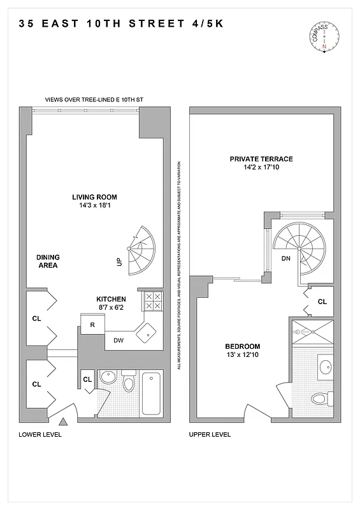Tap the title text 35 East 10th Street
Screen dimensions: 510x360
point(121,25)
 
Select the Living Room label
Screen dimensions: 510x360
point(94,197)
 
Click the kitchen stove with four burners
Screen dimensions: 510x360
point(152,301)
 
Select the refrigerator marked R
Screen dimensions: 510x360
point(92,325)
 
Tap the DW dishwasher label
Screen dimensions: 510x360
point(119,340)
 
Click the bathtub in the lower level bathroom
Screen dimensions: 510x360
point(152,393)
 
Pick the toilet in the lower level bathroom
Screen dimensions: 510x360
point(129,385)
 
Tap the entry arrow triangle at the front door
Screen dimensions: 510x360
point(63,422)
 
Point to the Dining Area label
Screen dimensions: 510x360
point(48,261)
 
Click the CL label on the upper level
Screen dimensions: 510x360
point(322,302)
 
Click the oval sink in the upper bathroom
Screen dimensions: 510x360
point(326,368)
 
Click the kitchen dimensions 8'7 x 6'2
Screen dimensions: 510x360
point(111,308)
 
